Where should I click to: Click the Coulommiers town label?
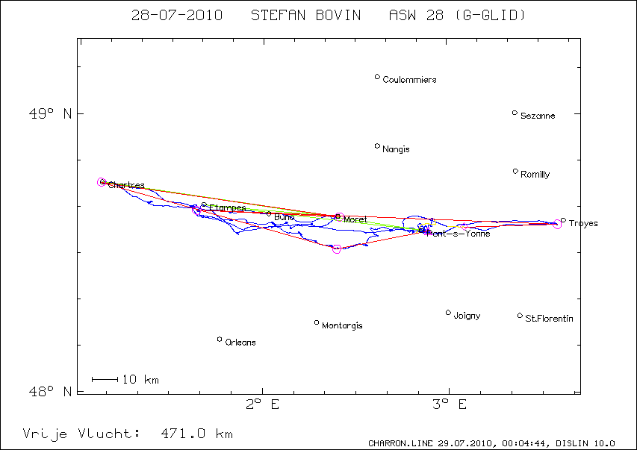pos(409,80)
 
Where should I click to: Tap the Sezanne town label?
pos(538,116)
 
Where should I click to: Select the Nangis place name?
pos(396,149)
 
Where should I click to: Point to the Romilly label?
pos(535,175)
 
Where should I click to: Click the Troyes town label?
pos(583,223)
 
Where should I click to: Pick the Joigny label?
pos(467,316)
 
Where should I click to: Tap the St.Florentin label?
pos(550,319)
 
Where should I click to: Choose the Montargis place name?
pos(342,326)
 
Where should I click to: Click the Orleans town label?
pos(240,343)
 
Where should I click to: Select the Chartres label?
pos(126,185)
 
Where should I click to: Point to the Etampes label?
pos(227,207)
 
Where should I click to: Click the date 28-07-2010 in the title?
pos(176,15)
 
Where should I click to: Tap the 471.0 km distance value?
pos(197,434)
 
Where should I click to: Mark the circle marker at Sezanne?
pos(515,113)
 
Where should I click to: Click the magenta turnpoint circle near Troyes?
pos(557,224)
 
